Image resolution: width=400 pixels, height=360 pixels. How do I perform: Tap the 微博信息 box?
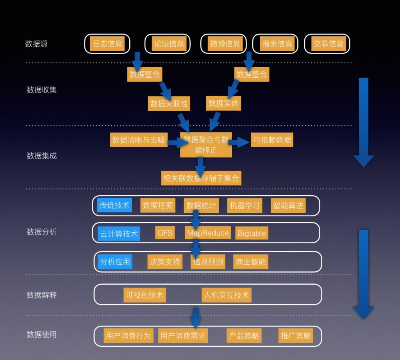coord(225,44)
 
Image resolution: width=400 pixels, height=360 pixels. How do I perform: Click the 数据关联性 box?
coord(169,103)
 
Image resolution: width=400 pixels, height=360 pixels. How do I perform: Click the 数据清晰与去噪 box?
coord(139,140)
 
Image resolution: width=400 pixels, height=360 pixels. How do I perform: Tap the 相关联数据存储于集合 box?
coord(202,178)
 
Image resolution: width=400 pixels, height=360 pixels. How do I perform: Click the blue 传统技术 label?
coord(114,205)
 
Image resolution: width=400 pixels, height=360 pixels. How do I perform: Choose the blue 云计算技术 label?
coord(119,234)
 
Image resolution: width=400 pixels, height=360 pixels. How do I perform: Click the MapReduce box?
coord(208,233)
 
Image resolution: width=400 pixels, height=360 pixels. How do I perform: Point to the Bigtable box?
coord(252,233)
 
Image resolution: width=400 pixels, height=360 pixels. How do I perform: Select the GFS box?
coord(165,233)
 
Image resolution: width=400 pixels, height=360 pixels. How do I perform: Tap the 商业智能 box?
coord(250,262)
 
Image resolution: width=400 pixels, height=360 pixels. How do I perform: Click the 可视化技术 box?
coord(144,295)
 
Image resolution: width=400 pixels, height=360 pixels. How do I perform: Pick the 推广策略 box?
coord(296,335)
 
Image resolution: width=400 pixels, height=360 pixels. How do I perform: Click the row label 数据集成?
coord(41,156)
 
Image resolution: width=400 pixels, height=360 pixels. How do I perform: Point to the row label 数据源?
coord(36,44)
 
